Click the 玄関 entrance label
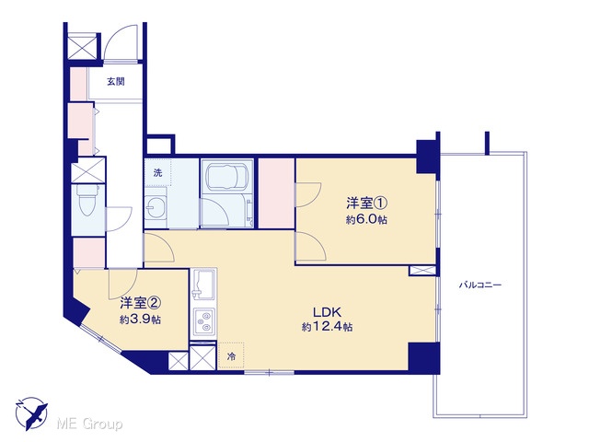point(116,82)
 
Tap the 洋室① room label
point(366,204)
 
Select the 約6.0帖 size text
point(366,220)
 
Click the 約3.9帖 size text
point(141,320)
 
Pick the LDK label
point(327,312)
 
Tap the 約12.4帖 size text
point(327,327)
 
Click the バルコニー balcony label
point(480,285)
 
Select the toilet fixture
point(87,201)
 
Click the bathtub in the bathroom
point(226,176)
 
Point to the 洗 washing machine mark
point(157,173)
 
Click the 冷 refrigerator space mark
point(231,356)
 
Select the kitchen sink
point(202,285)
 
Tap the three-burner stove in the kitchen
point(204,322)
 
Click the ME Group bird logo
point(31,413)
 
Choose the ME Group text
point(89,425)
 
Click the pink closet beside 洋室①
point(276,193)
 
